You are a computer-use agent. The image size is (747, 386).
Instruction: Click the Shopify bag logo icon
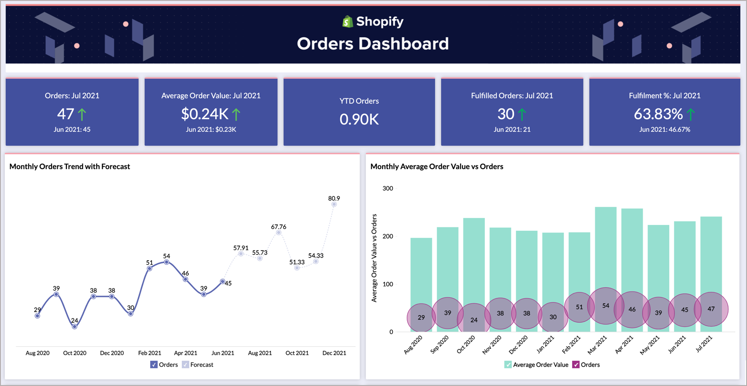coord(348,21)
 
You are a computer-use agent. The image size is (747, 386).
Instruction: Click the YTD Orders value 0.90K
coord(359,120)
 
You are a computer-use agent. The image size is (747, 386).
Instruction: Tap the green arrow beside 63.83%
coord(691,114)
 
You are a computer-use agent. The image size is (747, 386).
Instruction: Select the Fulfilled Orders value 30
coord(506,114)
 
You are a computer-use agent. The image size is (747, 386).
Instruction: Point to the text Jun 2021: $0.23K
coord(211,129)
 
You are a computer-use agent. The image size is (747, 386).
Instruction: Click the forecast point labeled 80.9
coord(334,204)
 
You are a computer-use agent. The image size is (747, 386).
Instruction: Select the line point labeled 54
coord(166,262)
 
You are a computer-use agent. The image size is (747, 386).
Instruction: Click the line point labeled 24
coord(75,327)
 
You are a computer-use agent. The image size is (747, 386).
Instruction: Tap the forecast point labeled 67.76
coord(278,232)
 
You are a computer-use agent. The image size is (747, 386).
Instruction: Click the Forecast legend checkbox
coord(185,365)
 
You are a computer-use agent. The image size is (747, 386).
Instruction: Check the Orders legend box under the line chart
coord(154,365)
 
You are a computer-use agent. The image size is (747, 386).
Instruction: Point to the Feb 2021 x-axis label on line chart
coord(149,353)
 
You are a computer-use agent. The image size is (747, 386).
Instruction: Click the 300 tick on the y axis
coord(388,189)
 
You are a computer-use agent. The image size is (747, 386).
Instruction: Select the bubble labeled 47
coord(711,309)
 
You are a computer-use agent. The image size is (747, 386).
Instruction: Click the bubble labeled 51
coord(579,307)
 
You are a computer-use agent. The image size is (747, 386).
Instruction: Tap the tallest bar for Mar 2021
coord(605,247)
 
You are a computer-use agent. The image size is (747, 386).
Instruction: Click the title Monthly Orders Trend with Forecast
coord(70,167)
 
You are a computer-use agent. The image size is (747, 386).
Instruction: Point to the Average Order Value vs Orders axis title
coord(374,258)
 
